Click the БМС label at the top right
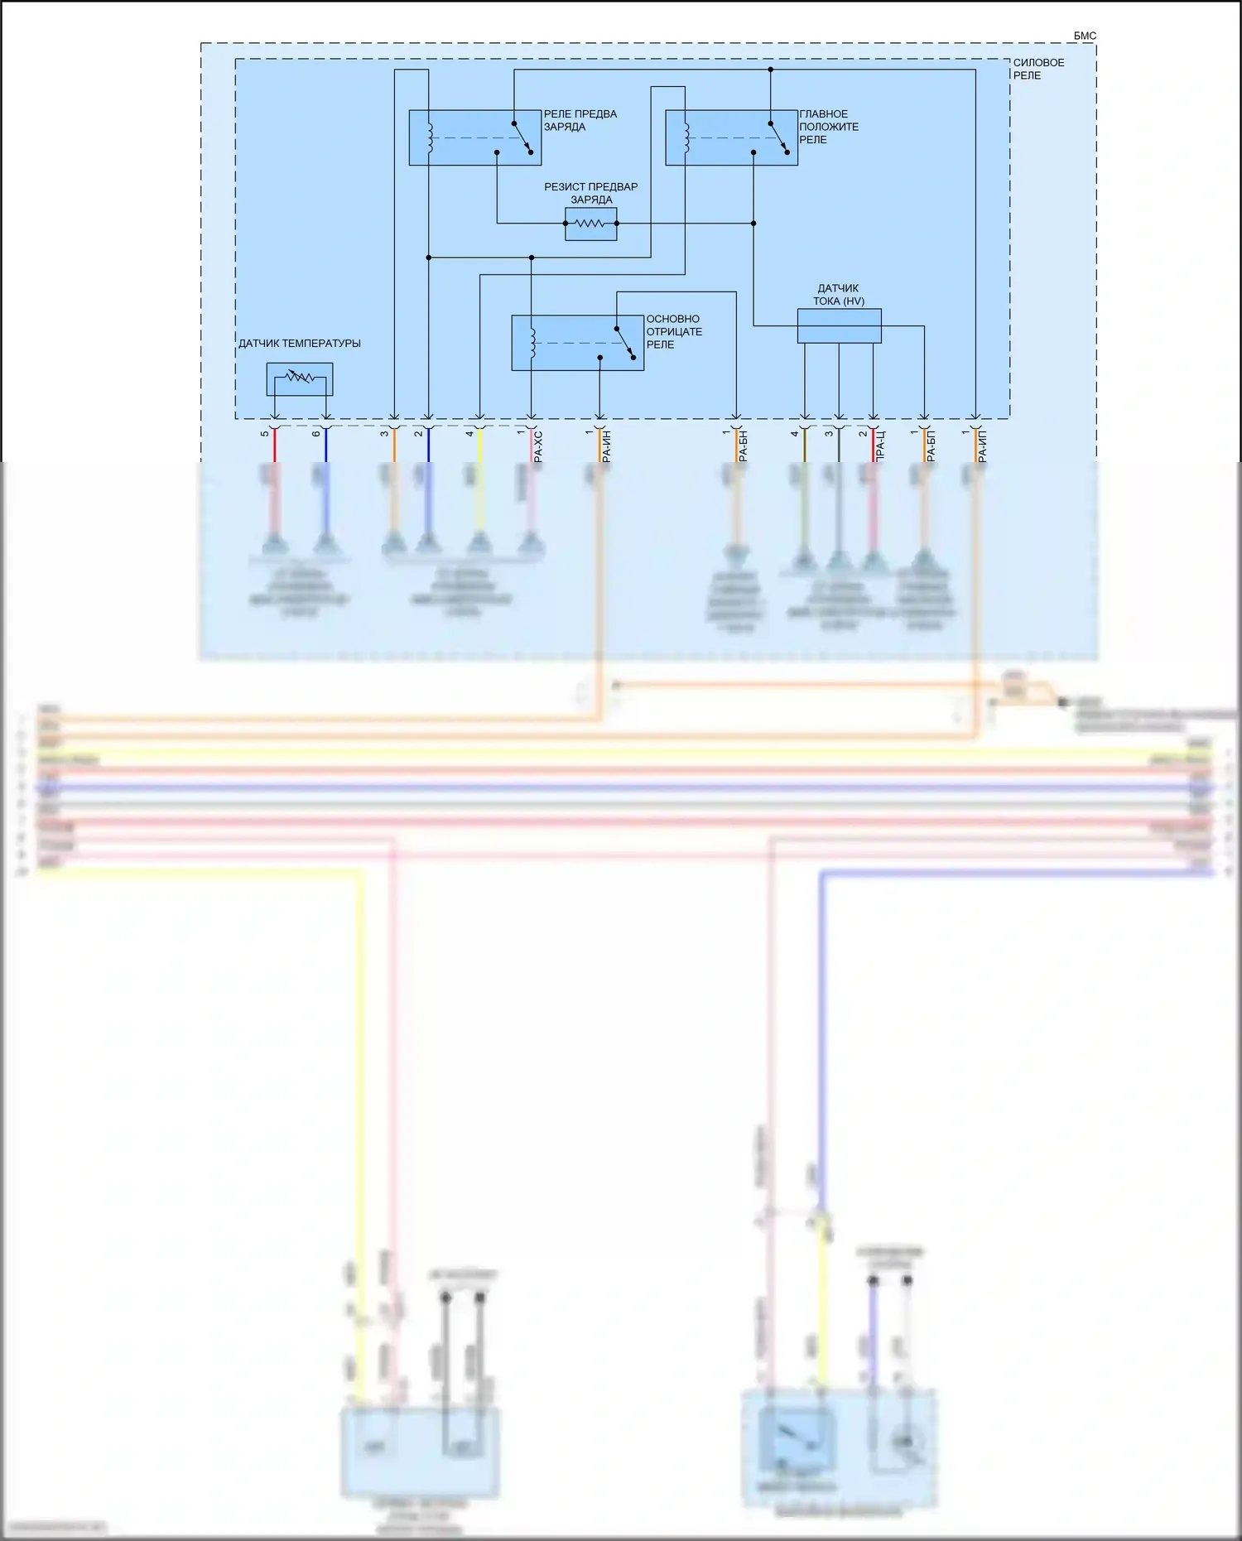tap(1085, 36)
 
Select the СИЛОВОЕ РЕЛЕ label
tap(1038, 69)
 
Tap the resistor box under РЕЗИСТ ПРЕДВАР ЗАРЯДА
tap(590, 224)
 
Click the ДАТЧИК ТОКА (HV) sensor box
tap(839, 325)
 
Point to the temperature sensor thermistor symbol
tap(299, 379)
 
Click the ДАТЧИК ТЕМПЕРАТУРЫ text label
tap(300, 344)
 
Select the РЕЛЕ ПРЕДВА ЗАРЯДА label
tap(580, 120)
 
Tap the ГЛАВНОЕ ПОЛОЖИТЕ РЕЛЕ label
tap(828, 127)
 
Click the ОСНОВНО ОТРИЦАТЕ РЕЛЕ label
tap(673, 331)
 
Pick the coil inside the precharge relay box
tap(429, 137)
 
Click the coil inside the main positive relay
tap(686, 137)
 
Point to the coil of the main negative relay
tap(532, 342)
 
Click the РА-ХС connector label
tap(538, 445)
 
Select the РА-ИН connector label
tap(607, 445)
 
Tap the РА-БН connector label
tap(743, 445)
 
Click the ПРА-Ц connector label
tap(880, 445)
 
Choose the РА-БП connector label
tap(931, 445)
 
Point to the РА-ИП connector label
tap(983, 445)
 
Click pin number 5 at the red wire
tap(265, 433)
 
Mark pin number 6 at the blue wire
tap(316, 433)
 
